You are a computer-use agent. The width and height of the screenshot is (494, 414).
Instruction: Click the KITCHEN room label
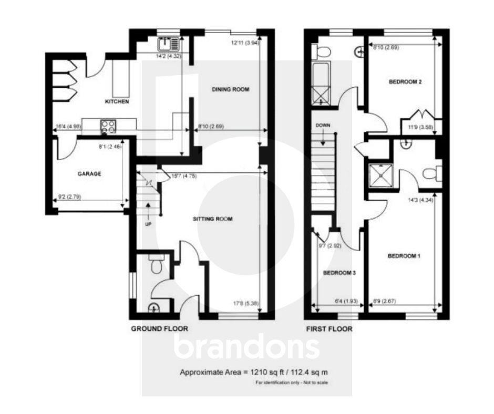pos(117,101)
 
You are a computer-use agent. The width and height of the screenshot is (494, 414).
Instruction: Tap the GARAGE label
pos(89,173)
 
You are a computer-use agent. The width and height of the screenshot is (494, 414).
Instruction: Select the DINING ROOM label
pos(230,90)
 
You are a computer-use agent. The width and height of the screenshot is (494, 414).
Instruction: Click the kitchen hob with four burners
pos(108,126)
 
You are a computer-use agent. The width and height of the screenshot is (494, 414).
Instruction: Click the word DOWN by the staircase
pos(323,126)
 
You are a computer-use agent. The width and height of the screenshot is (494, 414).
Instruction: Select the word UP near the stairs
pos(148,224)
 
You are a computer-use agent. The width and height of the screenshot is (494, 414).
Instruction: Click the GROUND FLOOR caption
pos(159,329)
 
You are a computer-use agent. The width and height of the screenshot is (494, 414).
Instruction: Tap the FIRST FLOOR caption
pos(329,329)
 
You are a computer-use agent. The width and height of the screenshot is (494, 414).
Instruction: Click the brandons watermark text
pos(246,347)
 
